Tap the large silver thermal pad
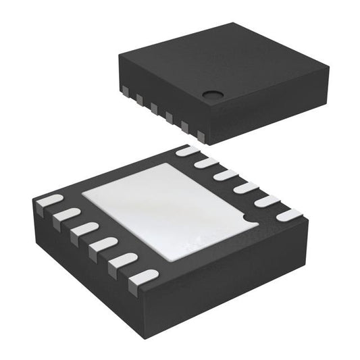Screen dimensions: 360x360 pos(169,209)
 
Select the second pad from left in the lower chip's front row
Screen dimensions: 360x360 pos(66,215)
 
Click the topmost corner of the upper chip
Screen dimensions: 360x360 pos(233,25)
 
